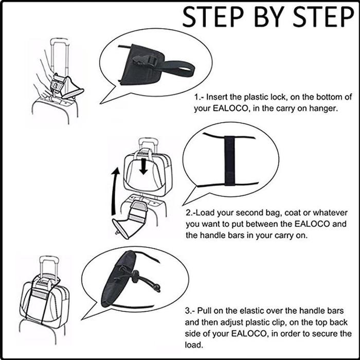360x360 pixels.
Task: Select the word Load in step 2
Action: point(205,212)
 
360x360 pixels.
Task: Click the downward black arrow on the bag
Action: point(143,166)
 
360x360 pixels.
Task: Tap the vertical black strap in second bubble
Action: point(229,160)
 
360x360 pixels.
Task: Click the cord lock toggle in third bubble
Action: point(135,275)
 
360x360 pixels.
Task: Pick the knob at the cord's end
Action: point(157,287)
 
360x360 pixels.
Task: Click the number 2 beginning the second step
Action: point(189,213)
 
